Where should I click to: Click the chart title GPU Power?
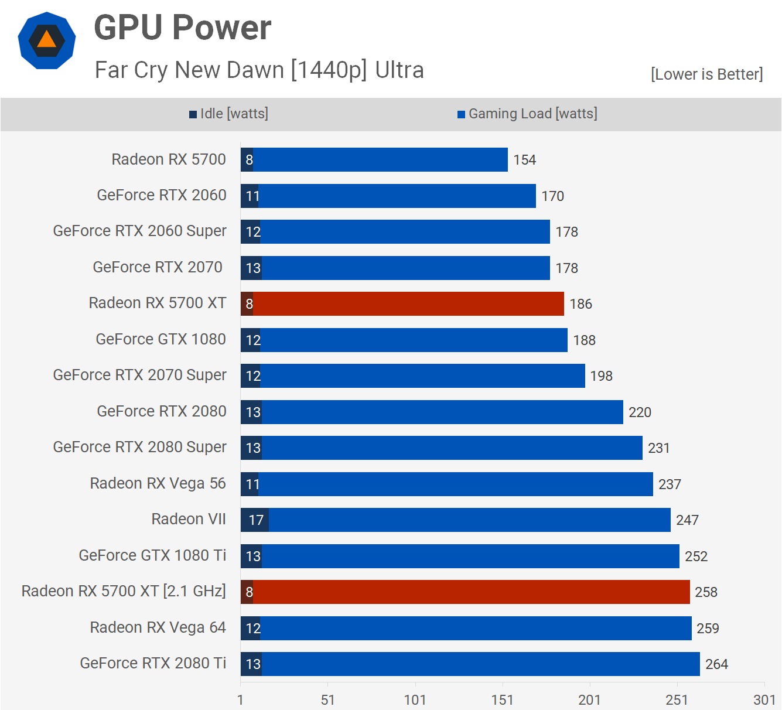tap(182, 28)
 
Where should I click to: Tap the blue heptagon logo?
tap(47, 40)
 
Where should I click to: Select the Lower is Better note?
tap(706, 74)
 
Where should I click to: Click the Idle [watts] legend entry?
tap(229, 114)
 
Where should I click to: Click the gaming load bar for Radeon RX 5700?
tap(380, 160)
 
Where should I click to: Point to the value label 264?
tap(716, 664)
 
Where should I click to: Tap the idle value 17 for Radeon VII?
tap(256, 520)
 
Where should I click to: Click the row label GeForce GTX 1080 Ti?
tap(152, 555)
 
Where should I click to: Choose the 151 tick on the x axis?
tap(502, 699)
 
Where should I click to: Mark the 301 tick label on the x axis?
tap(764, 699)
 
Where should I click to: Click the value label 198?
tap(601, 376)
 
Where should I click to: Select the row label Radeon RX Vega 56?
tap(158, 483)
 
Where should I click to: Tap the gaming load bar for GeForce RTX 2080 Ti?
tap(480, 664)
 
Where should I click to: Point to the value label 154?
tap(524, 160)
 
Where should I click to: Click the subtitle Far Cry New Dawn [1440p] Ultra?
tap(259, 70)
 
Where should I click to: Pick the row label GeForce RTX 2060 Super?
tap(139, 231)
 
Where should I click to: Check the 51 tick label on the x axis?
tap(327, 699)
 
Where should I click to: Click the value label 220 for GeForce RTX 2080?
tap(640, 412)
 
